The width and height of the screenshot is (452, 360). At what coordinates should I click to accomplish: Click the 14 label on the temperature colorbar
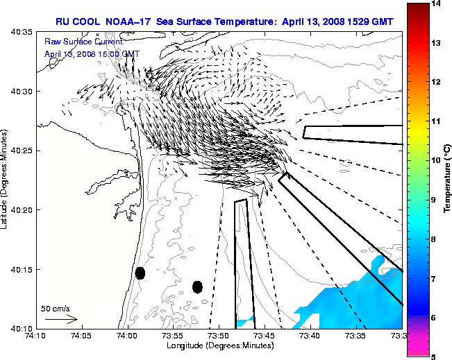(436, 4)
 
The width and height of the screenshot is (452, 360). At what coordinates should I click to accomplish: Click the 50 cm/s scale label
(56, 309)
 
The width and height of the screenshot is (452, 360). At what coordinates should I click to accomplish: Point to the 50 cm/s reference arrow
(61, 320)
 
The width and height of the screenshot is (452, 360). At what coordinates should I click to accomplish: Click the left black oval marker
(140, 273)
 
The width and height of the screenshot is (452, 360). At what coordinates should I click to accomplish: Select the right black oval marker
(197, 286)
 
